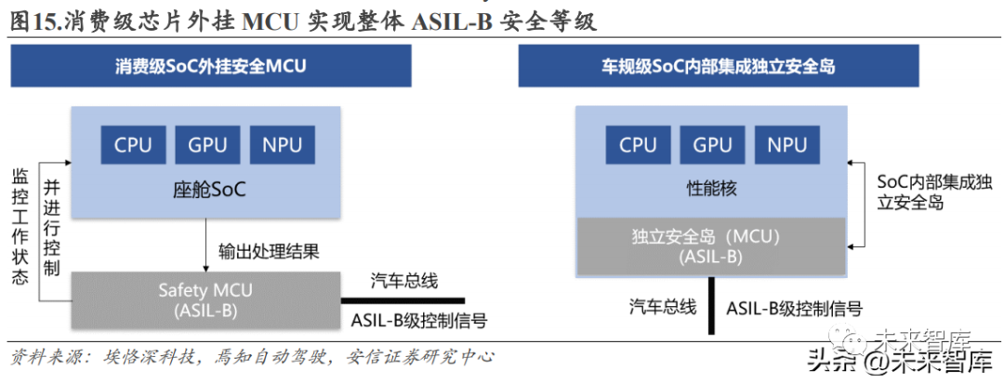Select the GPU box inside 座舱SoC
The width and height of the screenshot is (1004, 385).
208,144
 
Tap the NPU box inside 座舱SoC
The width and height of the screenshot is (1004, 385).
283,144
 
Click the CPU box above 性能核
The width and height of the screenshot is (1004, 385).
638,144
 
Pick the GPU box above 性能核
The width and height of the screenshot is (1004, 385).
712,144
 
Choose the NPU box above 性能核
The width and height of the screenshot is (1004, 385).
786,144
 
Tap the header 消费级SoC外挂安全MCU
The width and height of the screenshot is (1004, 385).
211,67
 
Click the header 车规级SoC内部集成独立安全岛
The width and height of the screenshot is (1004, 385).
718,67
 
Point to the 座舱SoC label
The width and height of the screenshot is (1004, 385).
209,191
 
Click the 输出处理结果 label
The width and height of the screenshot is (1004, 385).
269,251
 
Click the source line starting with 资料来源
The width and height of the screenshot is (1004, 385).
251,356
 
